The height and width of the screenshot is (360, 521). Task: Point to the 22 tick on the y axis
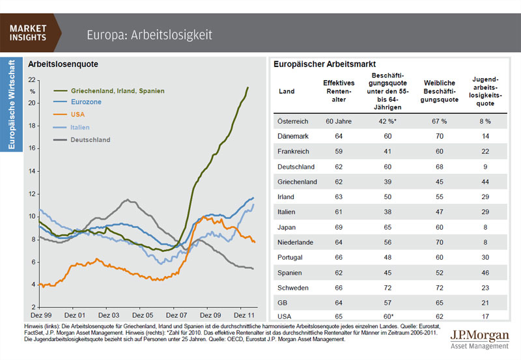(x=33, y=79)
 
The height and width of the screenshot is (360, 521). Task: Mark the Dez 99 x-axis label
(x=40, y=313)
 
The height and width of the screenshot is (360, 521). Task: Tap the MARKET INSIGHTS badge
(x=28, y=33)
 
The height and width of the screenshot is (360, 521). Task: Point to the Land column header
(x=287, y=92)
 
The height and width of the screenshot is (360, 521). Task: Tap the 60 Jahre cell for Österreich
(x=338, y=120)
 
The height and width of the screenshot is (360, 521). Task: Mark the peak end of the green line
(x=247, y=87)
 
